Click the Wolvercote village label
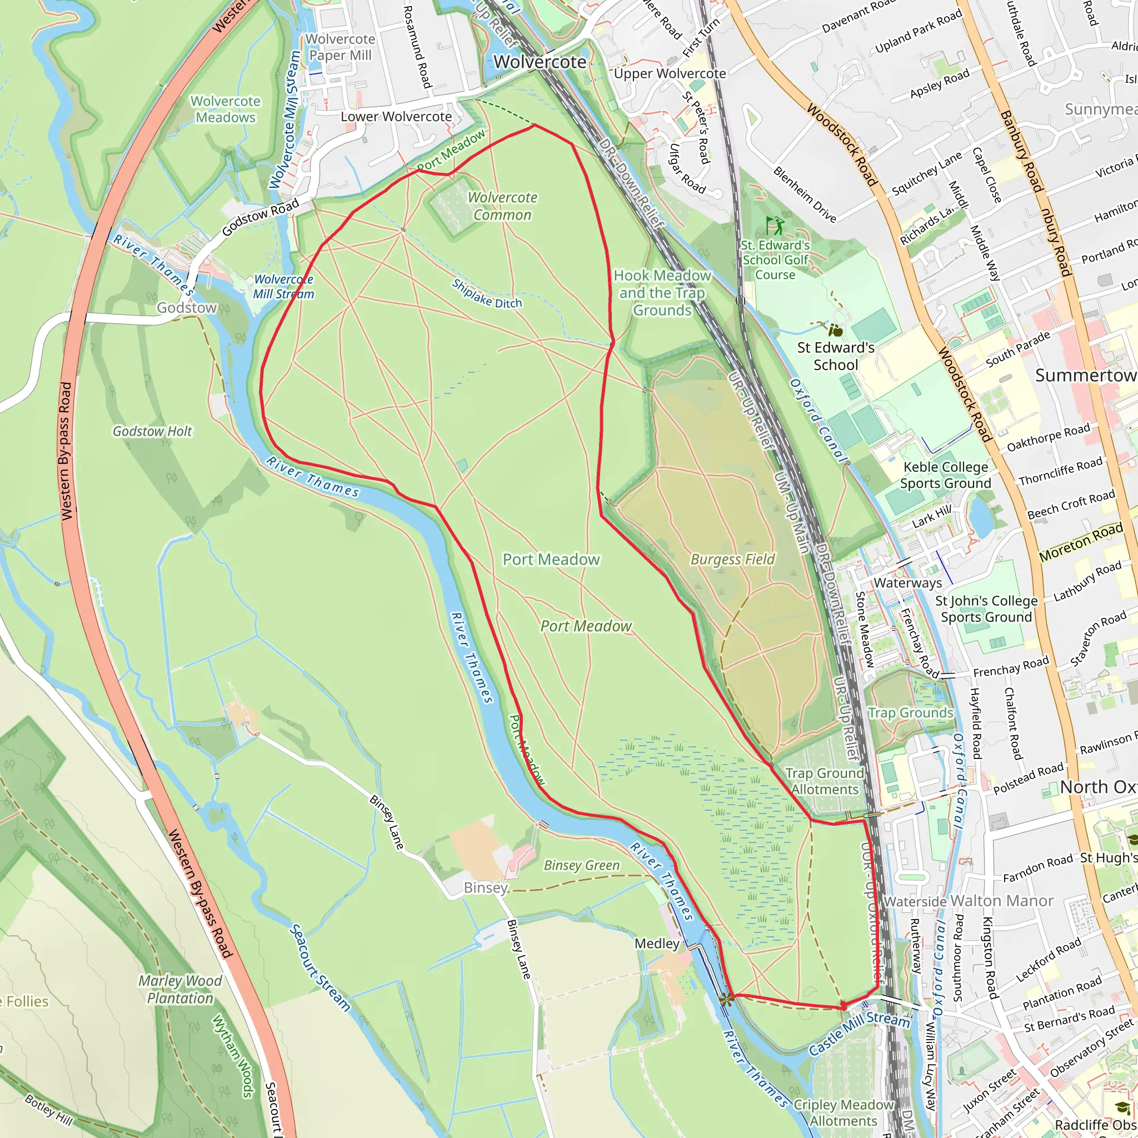[x=540, y=62]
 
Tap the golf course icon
[x=775, y=225]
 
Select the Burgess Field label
[x=732, y=559]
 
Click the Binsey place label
[x=485, y=887]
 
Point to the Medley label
[x=657, y=944]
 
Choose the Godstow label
[x=186, y=307]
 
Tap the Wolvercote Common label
[x=502, y=206]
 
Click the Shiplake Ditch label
[x=487, y=294]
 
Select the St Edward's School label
[x=835, y=356]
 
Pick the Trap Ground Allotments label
[x=825, y=781]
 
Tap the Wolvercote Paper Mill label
[x=340, y=47]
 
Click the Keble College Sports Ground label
[x=945, y=475]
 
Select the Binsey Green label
[x=581, y=865]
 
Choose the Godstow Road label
[x=261, y=216]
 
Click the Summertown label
[x=1085, y=375]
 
